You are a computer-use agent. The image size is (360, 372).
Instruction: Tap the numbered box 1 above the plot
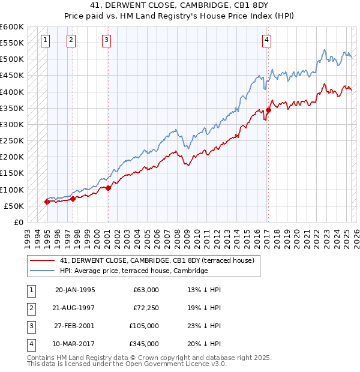pyautogui.click(x=46, y=40)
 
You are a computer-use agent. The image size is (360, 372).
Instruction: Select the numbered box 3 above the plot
pyautogui.click(x=106, y=40)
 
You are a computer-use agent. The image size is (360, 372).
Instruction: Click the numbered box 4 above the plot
pyautogui.click(x=266, y=40)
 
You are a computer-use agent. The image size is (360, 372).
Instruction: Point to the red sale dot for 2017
pyautogui.click(x=268, y=110)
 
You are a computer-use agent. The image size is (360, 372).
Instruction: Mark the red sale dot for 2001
pyautogui.click(x=108, y=188)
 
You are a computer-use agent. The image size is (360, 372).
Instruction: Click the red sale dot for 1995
pyautogui.click(x=47, y=202)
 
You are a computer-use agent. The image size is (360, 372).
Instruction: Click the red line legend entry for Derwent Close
pyautogui.click(x=157, y=260)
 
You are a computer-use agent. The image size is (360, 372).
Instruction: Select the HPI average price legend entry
pyautogui.click(x=133, y=271)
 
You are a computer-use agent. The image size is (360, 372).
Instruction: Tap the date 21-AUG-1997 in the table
pyautogui.click(x=74, y=308)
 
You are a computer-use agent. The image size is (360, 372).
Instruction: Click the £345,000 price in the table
pyautogui.click(x=144, y=344)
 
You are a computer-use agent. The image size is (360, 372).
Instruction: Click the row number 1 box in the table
pyautogui.click(x=31, y=290)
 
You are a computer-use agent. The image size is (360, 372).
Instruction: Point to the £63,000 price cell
pyautogui.click(x=146, y=290)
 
